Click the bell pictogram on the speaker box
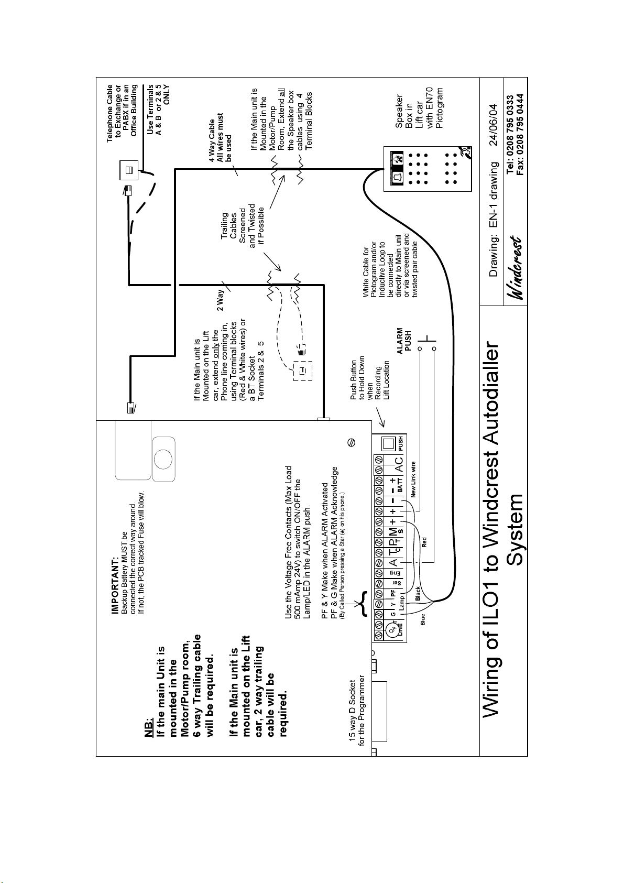click(x=397, y=177)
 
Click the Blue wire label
click(x=422, y=620)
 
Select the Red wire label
click(x=424, y=541)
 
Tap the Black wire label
click(x=418, y=593)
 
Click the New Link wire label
click(x=413, y=479)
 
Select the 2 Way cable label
click(x=221, y=300)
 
